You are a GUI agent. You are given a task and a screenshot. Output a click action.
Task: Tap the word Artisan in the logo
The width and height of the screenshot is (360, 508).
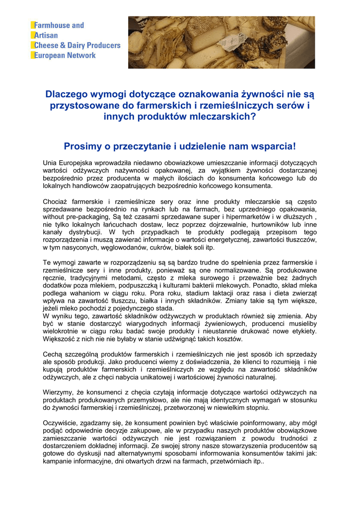point(46,35)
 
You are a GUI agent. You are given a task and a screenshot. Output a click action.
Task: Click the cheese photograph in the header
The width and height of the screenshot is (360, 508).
point(221,42)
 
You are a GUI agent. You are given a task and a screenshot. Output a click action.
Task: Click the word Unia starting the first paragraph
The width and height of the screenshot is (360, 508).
point(52,163)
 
